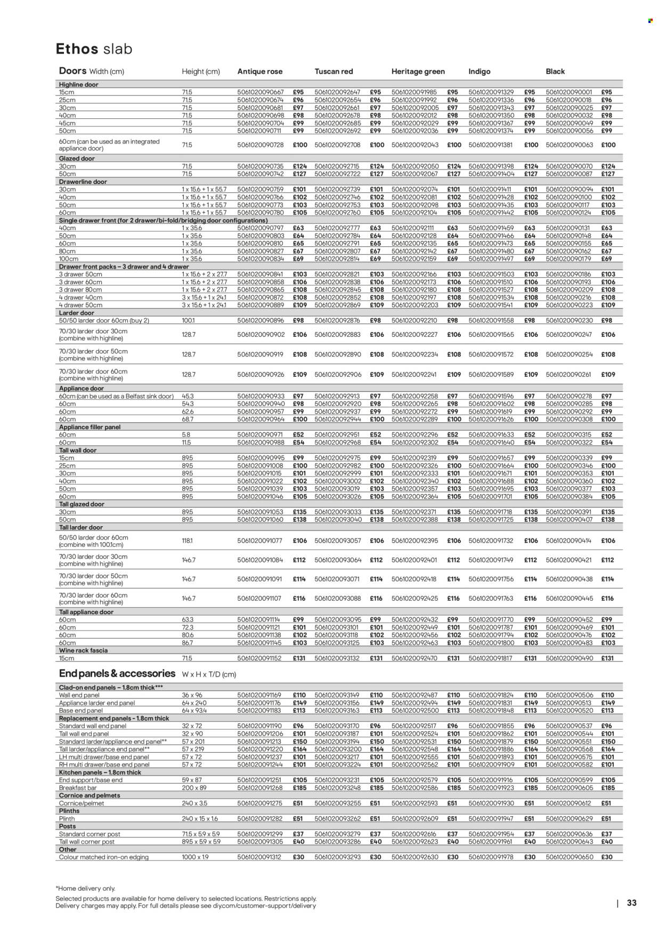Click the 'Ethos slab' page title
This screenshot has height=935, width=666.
pos(94,49)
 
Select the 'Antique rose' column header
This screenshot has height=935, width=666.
pos(259,71)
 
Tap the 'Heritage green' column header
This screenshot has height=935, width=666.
pos(418,71)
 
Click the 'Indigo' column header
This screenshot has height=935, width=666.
pos(479,71)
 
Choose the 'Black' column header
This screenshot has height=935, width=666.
pos(555,71)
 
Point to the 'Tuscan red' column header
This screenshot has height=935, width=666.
pos(334,71)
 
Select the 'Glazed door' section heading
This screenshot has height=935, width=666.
pos(77,159)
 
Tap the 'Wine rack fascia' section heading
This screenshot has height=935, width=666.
pos(83,650)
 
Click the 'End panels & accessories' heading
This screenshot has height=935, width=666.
pos(117,674)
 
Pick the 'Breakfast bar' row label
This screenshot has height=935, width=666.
pos(79,788)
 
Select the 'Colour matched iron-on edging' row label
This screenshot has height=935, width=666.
pos(103,857)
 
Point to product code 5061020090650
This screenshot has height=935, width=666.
pos(569,857)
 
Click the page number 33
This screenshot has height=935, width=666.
pos(631,903)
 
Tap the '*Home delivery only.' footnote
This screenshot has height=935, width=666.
pos(85,889)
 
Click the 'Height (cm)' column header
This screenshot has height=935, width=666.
pos(200,71)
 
